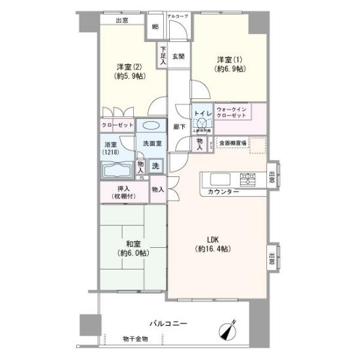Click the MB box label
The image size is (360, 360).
tap(155, 27)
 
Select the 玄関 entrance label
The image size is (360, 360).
tap(178, 56)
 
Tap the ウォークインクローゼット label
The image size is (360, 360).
tap(231, 111)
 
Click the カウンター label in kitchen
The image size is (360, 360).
tap(224, 191)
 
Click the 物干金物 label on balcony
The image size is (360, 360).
tap(135, 338)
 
